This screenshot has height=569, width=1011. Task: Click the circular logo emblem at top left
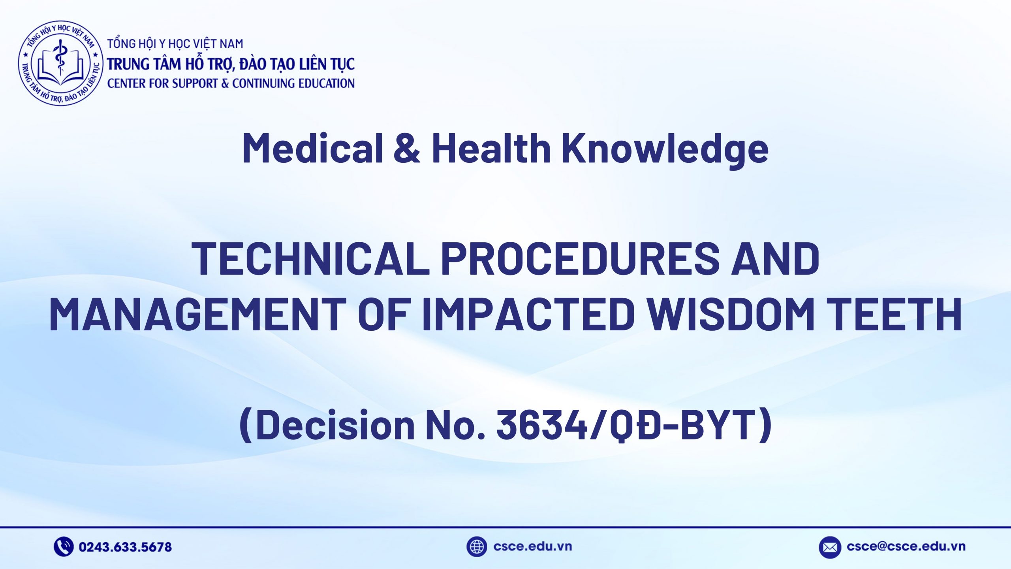[x=60, y=63]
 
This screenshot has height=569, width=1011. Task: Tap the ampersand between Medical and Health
[x=407, y=148]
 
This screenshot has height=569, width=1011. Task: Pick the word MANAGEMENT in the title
[x=197, y=314]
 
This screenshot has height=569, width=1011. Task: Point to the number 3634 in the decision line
[x=542, y=425]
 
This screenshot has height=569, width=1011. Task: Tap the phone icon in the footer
[x=63, y=547]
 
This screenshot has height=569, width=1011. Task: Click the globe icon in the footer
[x=477, y=547]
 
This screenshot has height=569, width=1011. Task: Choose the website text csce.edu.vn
[x=532, y=546]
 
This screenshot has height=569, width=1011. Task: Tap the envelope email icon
[x=830, y=547]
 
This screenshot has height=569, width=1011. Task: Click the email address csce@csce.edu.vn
[x=906, y=546]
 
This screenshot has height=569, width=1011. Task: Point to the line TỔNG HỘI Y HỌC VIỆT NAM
[x=175, y=44]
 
